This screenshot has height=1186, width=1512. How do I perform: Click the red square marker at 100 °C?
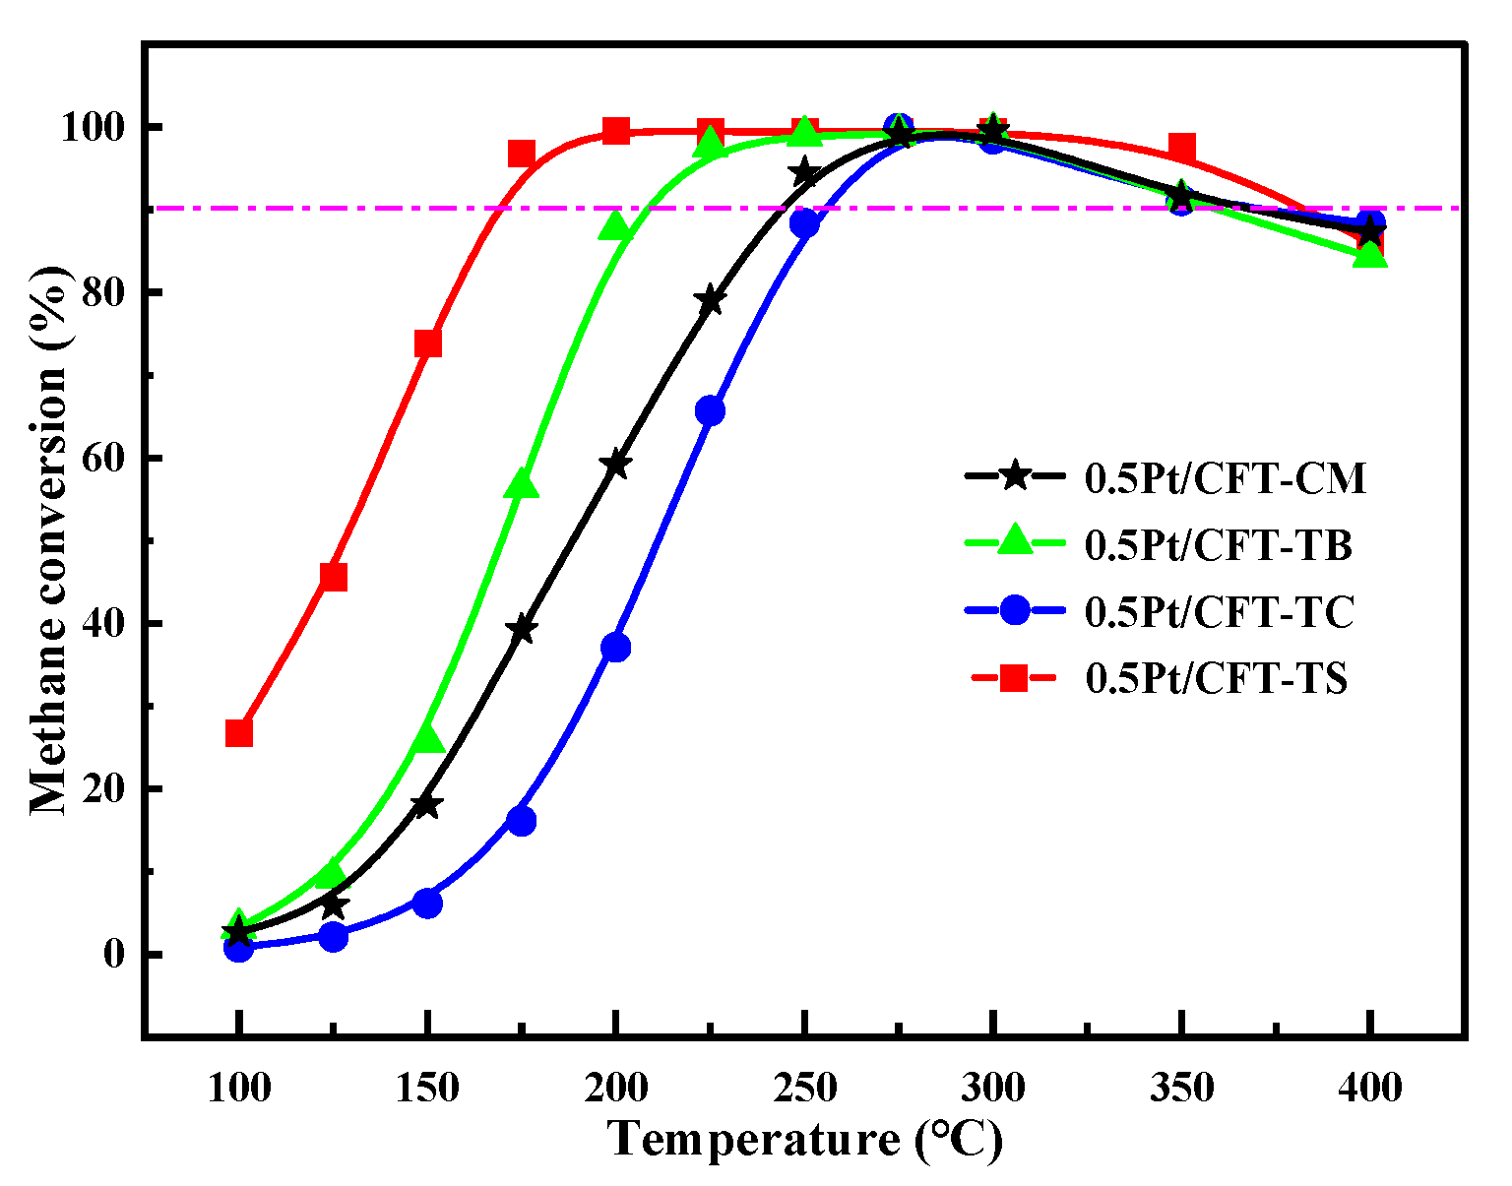(238, 733)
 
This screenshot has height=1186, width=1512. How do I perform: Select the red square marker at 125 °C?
(333, 577)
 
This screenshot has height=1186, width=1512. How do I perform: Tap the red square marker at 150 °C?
(427, 343)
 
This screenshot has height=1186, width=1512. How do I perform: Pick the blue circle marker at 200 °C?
(616, 648)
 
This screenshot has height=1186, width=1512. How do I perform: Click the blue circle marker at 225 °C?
(710, 411)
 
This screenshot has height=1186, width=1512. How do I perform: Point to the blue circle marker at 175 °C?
(522, 821)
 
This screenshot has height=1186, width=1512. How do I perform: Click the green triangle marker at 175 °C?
(522, 484)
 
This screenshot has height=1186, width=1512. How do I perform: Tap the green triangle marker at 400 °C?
(1370, 255)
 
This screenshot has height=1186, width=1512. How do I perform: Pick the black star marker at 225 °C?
(710, 301)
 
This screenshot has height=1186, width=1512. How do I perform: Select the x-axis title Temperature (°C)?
(805, 1140)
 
